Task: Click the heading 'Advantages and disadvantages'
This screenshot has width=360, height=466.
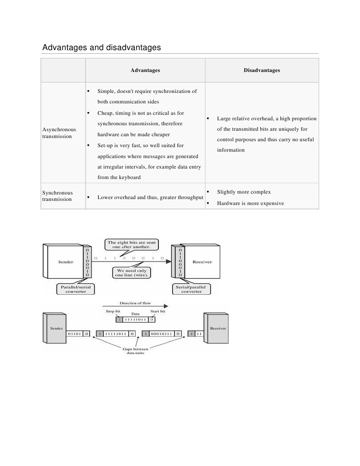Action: pyautogui.click(x=101, y=47)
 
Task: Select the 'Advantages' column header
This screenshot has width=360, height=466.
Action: pyautogui.click(x=145, y=70)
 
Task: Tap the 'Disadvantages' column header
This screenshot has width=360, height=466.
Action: pyautogui.click(x=262, y=70)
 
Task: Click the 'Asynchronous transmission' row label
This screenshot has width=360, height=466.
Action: pyautogui.click(x=59, y=133)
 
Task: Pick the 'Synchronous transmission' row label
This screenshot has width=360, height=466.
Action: pyautogui.click(x=57, y=196)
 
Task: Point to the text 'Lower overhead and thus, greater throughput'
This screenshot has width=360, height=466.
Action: pyautogui.click(x=150, y=198)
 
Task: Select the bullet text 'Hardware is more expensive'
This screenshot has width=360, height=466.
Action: pyautogui.click(x=250, y=203)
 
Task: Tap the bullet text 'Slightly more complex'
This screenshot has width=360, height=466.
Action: pyautogui.click(x=244, y=192)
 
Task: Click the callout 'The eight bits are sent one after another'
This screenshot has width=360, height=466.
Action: pyautogui.click(x=131, y=245)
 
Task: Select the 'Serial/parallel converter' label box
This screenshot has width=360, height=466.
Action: pyautogui.click(x=191, y=289)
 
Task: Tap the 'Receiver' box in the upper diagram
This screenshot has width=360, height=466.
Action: pyautogui.click(x=202, y=262)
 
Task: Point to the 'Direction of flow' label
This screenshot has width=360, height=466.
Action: pyautogui.click(x=132, y=303)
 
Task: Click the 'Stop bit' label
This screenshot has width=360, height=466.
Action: pyautogui.click(x=113, y=311)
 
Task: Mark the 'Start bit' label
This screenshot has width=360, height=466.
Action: pyautogui.click(x=157, y=311)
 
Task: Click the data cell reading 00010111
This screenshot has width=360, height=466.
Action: pyautogui.click(x=162, y=334)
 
